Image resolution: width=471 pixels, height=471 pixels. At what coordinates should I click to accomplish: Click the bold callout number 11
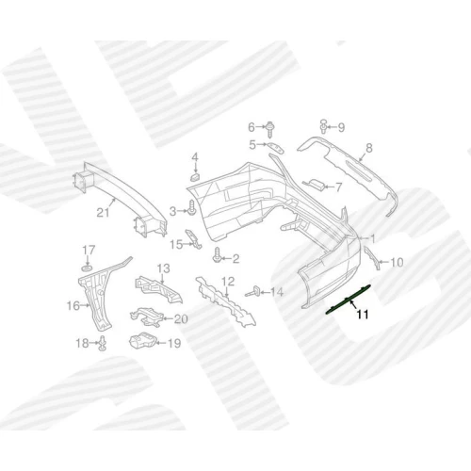(x=363, y=314)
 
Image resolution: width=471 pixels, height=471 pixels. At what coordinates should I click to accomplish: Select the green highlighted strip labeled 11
(x=349, y=300)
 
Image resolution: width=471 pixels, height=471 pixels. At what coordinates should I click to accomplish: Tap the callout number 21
(x=103, y=213)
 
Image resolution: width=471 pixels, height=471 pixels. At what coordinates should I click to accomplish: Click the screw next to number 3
(x=191, y=209)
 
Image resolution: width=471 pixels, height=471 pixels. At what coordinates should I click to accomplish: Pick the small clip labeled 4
(x=195, y=176)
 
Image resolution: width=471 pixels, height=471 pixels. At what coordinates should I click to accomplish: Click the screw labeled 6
(x=269, y=129)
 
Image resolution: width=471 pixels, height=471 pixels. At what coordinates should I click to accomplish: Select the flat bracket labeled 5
(x=275, y=148)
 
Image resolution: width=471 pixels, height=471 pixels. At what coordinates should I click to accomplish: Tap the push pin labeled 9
(x=323, y=126)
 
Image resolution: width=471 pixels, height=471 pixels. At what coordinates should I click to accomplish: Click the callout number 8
(x=369, y=147)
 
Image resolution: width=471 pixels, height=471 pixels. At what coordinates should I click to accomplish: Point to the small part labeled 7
(x=314, y=185)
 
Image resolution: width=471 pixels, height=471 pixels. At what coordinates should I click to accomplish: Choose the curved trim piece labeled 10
(x=372, y=258)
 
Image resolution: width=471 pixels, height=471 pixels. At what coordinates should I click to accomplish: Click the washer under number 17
(x=87, y=268)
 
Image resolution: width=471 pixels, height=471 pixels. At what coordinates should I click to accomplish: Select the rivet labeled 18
(x=103, y=343)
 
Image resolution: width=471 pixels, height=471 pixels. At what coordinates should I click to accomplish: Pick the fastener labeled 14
(x=253, y=292)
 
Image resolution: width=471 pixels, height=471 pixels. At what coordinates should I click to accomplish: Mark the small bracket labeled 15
(x=193, y=239)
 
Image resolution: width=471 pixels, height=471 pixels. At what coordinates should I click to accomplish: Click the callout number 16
(x=73, y=305)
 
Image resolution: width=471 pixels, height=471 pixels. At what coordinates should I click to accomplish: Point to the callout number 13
(x=163, y=268)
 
